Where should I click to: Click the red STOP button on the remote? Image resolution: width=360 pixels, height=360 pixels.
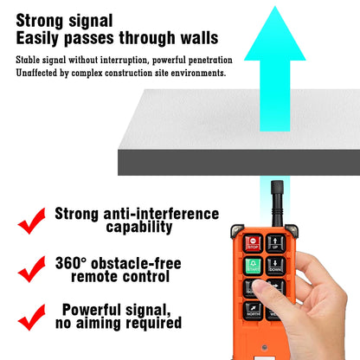coord(253,244)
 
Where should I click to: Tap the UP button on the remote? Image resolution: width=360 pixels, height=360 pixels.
coord(276,244)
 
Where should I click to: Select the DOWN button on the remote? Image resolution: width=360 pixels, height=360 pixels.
coord(276,267)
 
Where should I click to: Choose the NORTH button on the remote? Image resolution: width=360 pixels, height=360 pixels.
coord(253,311)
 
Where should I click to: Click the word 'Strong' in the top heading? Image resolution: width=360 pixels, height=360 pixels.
coord(43,20)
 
